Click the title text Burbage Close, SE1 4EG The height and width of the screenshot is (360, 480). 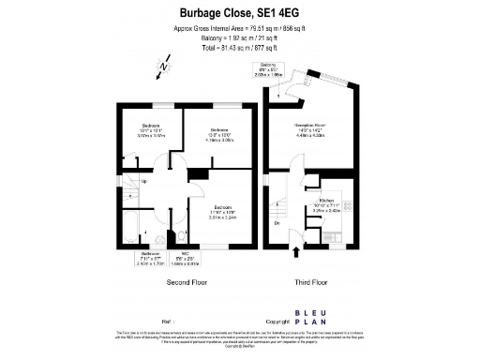tap(239, 12)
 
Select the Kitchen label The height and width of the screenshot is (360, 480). tap(327, 201)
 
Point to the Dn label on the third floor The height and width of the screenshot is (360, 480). tap(277, 222)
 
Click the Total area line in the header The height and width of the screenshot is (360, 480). tap(239, 46)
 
